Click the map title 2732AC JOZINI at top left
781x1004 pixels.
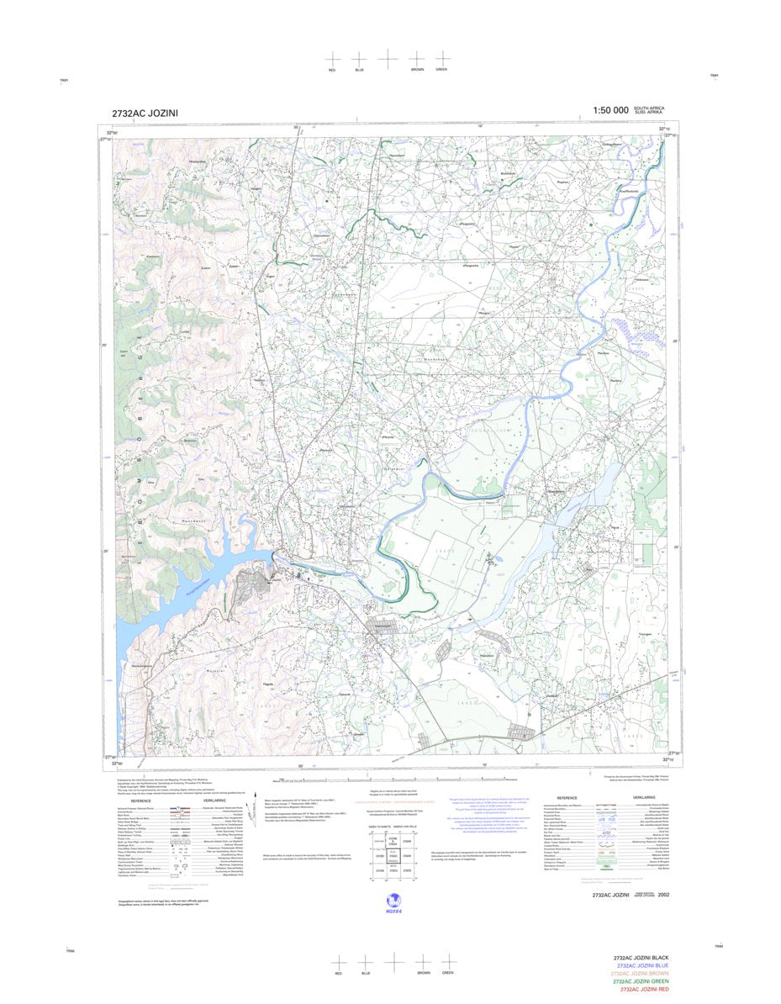pyautogui.click(x=144, y=114)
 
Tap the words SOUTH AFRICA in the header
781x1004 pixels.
pyautogui.click(x=649, y=108)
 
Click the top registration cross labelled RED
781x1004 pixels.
pyautogui.click(x=332, y=59)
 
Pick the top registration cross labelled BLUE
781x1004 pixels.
pyautogui.click(x=360, y=59)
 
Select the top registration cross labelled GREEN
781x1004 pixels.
pyautogui.click(x=442, y=59)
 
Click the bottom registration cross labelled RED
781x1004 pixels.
pyautogui.click(x=338, y=961)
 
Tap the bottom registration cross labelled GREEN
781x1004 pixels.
pyautogui.click(x=448, y=961)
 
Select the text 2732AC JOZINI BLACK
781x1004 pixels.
pyautogui.click(x=641, y=959)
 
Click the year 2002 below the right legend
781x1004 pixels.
pyautogui.click(x=664, y=896)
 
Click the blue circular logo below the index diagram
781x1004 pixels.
pyautogui.click(x=393, y=900)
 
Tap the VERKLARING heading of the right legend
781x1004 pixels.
pyautogui.click(x=644, y=797)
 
